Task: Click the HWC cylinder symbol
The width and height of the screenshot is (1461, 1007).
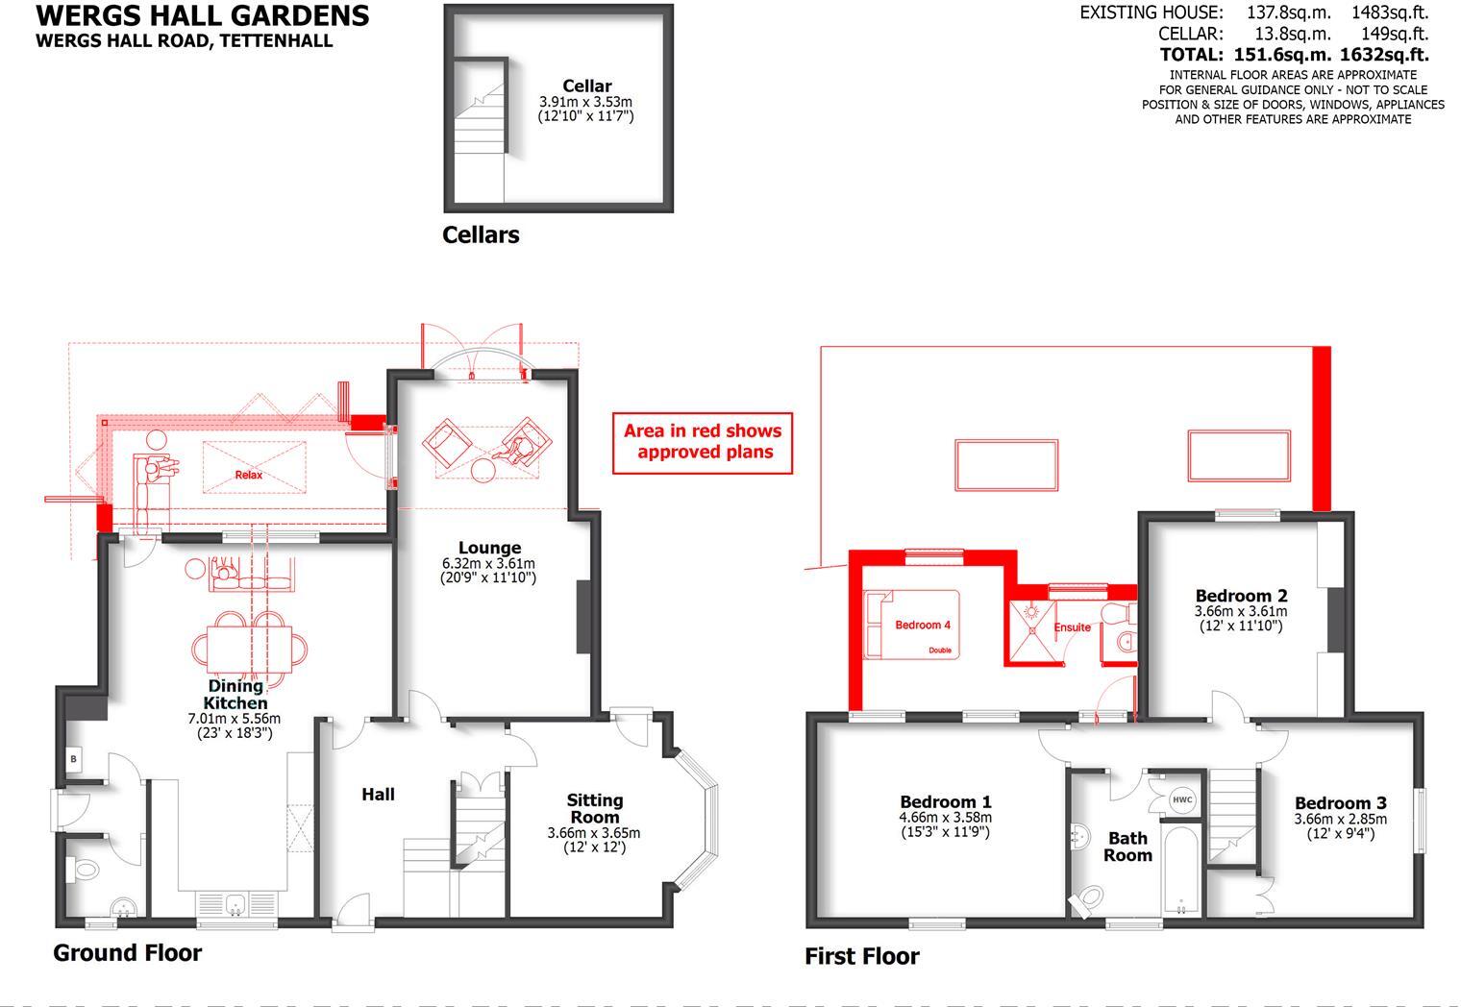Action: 1181,799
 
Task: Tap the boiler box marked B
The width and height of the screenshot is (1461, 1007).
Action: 73,759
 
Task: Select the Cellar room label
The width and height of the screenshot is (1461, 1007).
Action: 586,86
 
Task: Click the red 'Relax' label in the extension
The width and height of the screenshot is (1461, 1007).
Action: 248,475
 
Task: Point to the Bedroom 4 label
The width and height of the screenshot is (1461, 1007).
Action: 923,626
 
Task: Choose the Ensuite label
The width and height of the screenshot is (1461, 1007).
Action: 1073,627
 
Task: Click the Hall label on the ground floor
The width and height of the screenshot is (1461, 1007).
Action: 378,795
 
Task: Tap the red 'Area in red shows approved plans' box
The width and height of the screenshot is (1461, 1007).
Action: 703,442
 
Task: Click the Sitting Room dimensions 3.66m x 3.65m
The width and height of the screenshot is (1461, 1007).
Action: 593,833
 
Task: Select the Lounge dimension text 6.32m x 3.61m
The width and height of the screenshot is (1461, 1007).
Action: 488,563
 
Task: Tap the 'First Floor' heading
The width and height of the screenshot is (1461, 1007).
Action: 861,956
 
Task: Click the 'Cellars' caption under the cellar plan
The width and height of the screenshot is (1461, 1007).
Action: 481,235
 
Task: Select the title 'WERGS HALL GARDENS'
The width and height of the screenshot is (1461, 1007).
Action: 202,16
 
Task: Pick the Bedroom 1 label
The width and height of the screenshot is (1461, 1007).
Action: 946,801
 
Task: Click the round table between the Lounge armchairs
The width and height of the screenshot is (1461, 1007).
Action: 483,470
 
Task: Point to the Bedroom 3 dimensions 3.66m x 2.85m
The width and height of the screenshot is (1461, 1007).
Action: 1340,819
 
